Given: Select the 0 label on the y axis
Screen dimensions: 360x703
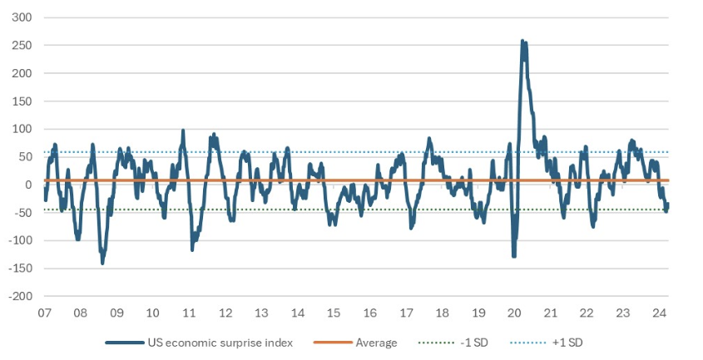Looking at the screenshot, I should [x=27, y=185].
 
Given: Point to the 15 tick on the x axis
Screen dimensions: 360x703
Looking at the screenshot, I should [x=334, y=313].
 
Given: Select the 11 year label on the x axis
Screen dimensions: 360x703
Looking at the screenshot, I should [x=189, y=313].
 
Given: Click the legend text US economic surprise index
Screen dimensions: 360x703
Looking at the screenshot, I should [x=220, y=343].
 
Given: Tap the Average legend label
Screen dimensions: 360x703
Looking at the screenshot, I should [x=376, y=343].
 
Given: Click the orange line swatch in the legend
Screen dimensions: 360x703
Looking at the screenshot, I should [x=331, y=343].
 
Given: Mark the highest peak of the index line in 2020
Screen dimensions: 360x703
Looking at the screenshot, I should [x=522, y=40].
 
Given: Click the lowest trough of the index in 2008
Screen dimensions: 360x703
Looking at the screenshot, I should [x=102, y=263].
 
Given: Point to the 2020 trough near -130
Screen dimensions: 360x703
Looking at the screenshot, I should [x=514, y=256].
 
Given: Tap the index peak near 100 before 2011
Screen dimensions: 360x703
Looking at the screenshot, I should [x=183, y=131].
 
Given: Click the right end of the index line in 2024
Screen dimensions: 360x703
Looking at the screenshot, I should [x=667, y=205].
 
